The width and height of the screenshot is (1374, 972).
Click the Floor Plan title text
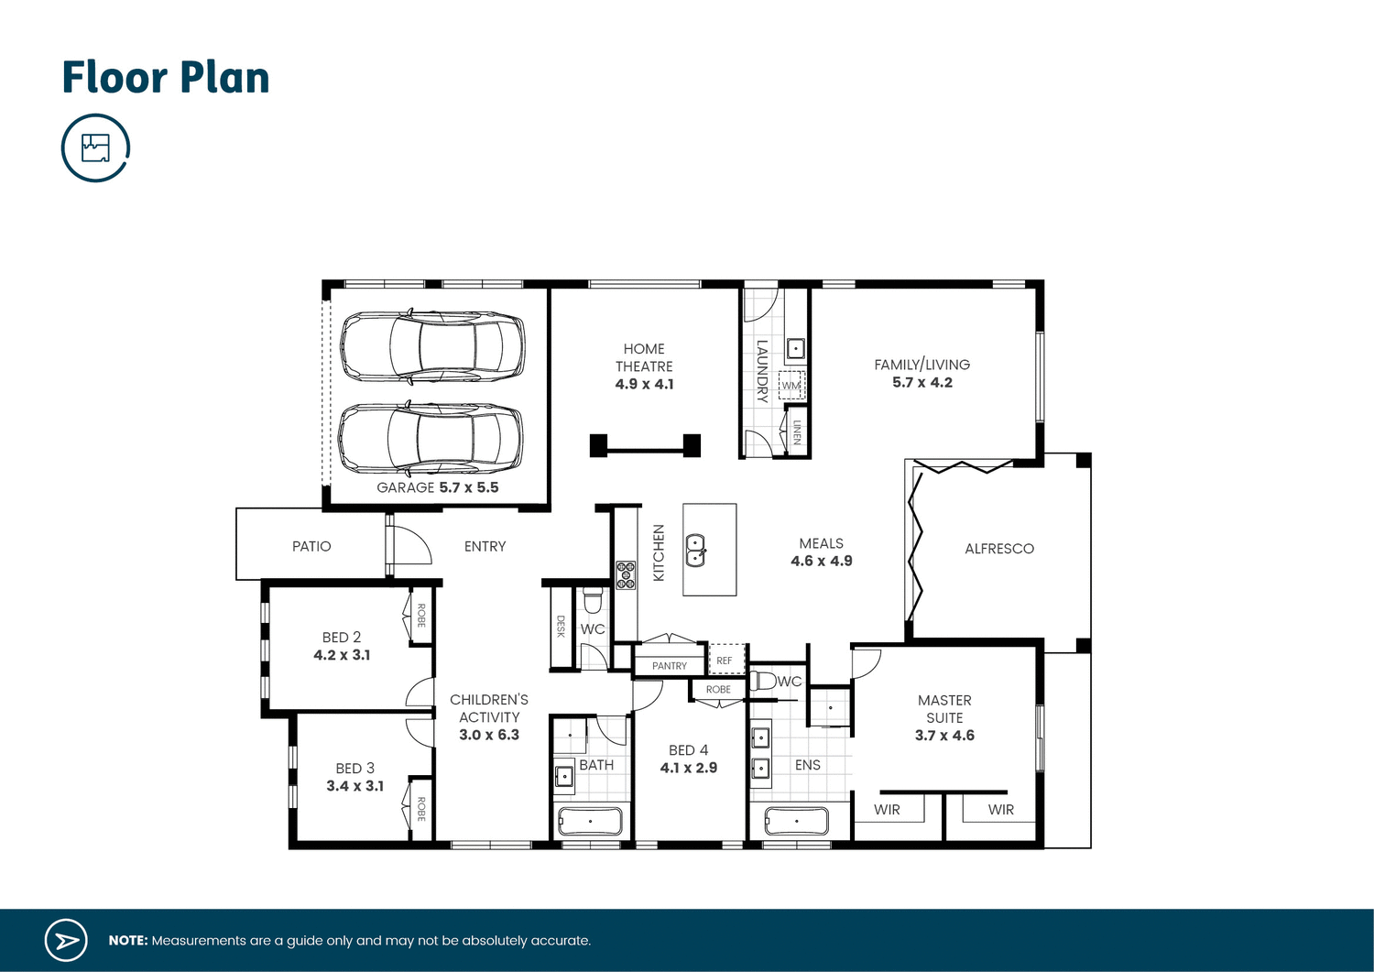click(x=166, y=78)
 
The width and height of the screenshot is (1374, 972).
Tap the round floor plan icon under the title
click(x=95, y=147)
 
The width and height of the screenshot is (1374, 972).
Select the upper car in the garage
click(x=432, y=346)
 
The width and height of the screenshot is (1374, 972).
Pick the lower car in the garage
click(x=431, y=438)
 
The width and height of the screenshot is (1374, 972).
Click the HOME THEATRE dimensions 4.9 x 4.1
click(x=644, y=385)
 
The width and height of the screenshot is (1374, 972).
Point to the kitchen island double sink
click(x=696, y=551)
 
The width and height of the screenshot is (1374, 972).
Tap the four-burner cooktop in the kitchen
click(x=626, y=575)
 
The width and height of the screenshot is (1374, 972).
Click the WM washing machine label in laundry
click(x=791, y=386)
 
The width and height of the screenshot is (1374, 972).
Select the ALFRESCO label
click(x=999, y=549)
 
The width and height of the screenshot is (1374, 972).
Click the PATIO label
click(x=311, y=546)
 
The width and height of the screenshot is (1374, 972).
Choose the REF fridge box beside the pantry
click(x=725, y=661)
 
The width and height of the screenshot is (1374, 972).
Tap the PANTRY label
click(x=670, y=666)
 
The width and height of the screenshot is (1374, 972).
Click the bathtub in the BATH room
click(x=590, y=821)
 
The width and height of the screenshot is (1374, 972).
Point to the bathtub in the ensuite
click(x=796, y=821)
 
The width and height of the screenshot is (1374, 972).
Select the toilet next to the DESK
click(x=593, y=601)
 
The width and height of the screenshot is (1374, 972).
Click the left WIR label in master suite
click(x=887, y=810)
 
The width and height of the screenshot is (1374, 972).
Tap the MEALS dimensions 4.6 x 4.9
click(x=822, y=562)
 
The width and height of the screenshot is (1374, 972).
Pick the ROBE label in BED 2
click(x=421, y=615)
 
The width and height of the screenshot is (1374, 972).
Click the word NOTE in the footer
click(x=127, y=941)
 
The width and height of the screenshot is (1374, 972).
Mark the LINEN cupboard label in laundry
click(x=797, y=432)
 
